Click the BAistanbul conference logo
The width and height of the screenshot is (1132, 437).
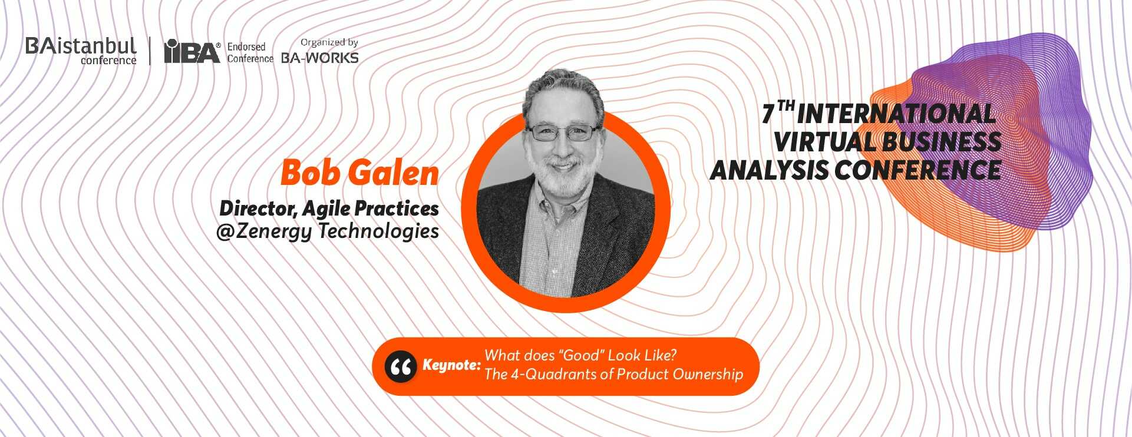[x=81, y=51]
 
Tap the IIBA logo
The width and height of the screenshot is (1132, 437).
[x=192, y=51]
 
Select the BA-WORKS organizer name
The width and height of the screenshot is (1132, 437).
[x=320, y=58]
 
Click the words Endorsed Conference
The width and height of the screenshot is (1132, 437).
[x=250, y=52]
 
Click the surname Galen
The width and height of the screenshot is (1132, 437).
[x=393, y=173]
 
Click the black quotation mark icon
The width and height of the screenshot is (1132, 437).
[x=401, y=366]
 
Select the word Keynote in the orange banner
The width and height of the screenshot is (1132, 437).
[x=452, y=365]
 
